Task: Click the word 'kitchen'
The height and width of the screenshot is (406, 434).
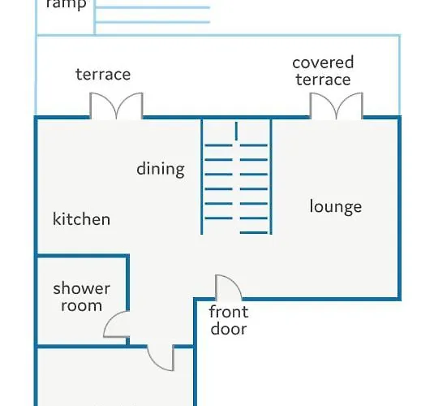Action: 81,219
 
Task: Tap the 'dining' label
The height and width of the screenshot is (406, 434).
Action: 161,169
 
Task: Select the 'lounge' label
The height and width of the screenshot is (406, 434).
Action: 336,206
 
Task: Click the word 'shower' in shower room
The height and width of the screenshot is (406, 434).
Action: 82,288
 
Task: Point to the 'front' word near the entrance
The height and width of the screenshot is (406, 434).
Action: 229,312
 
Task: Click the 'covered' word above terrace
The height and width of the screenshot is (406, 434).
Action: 323,63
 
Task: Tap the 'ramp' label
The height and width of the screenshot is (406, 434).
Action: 66,4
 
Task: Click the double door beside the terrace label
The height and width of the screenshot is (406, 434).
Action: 116,106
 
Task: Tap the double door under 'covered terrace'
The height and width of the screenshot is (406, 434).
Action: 337,106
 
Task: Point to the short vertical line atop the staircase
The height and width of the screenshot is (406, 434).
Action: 236,131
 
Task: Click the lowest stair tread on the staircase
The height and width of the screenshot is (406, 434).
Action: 254,233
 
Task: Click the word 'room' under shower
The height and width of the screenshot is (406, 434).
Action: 82,305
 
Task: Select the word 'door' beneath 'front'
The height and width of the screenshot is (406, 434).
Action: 229,329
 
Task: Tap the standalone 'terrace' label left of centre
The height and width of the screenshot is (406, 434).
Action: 103,74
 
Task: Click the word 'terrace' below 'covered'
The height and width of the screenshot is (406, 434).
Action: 324,80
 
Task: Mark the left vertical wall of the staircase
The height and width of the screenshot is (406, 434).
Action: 201,176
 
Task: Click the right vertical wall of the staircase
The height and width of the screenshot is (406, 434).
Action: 271,176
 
